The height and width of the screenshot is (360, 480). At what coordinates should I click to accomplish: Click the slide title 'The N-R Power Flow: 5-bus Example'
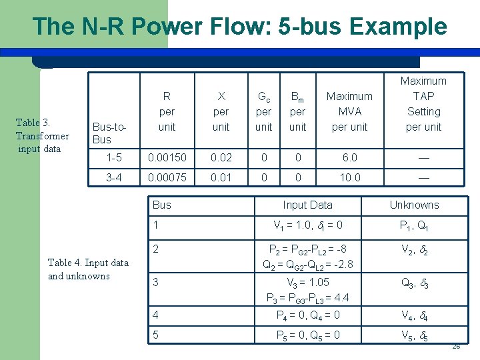point(239,26)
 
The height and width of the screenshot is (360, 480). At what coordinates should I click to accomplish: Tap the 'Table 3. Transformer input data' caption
point(43,135)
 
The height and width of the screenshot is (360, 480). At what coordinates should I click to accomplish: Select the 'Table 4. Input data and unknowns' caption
point(88,269)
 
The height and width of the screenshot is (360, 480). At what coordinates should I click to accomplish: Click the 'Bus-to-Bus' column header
point(110,133)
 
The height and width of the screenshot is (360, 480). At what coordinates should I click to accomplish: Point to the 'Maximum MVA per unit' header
point(349,111)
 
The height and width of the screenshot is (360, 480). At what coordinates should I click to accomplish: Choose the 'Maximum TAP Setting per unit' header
point(423,103)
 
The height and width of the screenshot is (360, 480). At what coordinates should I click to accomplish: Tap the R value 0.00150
point(167,158)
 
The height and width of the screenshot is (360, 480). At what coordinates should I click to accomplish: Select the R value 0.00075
point(167,178)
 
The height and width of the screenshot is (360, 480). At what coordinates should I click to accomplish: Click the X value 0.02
point(221,158)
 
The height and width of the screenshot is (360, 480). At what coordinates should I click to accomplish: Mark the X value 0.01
point(221,178)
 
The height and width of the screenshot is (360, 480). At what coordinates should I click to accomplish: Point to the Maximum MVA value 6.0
point(349,158)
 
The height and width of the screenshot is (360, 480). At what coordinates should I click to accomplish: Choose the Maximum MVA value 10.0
point(349,178)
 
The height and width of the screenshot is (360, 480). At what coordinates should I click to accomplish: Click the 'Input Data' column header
point(307,205)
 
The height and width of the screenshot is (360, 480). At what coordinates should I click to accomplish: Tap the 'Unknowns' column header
point(414,205)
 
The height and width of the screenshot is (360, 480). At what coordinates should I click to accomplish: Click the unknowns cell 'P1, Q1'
point(414,225)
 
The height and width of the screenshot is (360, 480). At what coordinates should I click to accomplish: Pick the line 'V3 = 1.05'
point(307,282)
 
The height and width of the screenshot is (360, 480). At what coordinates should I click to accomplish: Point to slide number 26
point(456,347)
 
